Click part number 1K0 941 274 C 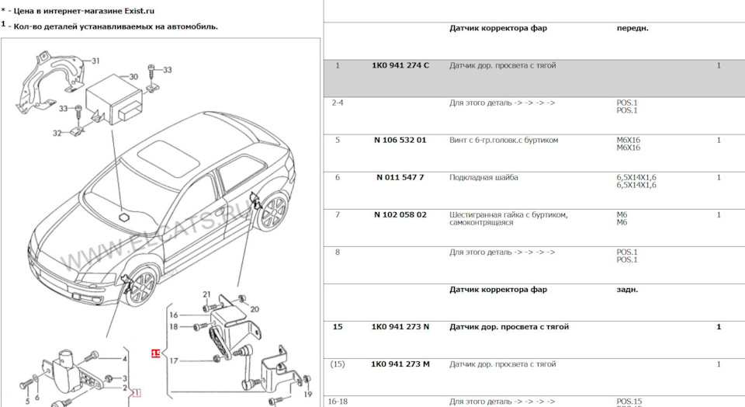click(x=400, y=65)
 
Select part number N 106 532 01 click(x=400, y=141)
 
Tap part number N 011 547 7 click(x=400, y=177)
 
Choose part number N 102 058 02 click(x=400, y=215)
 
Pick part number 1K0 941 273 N click(x=400, y=327)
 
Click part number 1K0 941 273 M click(x=400, y=364)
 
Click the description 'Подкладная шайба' click(x=483, y=177)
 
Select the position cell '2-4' click(x=338, y=103)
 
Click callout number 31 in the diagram click(x=95, y=61)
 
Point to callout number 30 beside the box click(x=133, y=77)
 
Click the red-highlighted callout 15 click(x=156, y=353)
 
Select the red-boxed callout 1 click(x=137, y=393)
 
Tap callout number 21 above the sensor click(x=206, y=294)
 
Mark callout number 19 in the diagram click(x=308, y=394)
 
